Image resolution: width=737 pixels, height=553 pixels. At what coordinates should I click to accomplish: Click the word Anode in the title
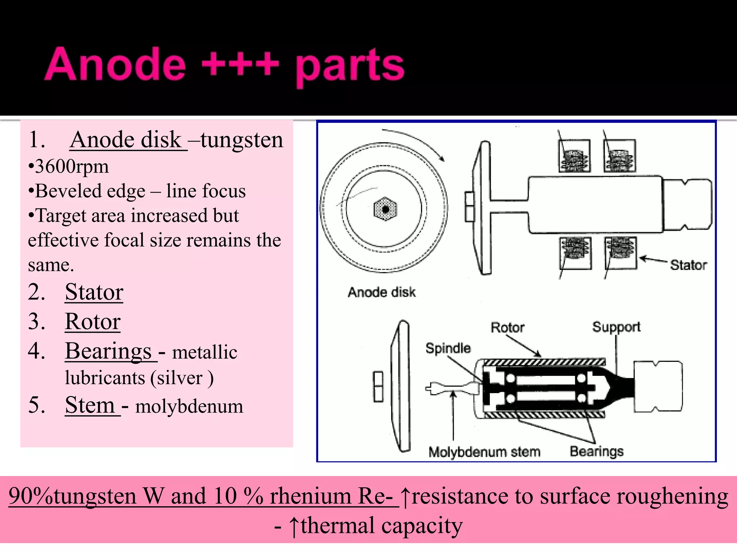point(115,65)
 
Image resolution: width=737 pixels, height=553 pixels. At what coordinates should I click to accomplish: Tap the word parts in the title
point(350,67)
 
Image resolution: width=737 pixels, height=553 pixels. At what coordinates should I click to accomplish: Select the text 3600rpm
point(72,167)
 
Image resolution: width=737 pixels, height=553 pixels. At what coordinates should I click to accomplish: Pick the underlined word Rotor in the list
point(92,321)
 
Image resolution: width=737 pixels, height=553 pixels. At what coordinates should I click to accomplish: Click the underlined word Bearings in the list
point(108,351)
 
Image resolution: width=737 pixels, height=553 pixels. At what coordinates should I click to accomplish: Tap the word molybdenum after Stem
point(189,406)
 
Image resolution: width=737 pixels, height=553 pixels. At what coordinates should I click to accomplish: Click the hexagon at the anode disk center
point(385,209)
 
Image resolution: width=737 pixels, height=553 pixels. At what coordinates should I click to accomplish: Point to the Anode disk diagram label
point(381,292)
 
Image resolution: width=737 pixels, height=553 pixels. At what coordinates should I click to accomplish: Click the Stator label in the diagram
point(688,265)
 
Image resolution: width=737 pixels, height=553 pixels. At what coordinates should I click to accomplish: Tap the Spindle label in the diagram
point(448,348)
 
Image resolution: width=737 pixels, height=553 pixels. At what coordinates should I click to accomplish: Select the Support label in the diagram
point(616,327)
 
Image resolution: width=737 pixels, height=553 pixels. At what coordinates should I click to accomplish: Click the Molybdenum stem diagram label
point(484,452)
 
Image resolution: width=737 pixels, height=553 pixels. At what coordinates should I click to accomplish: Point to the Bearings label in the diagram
point(596,451)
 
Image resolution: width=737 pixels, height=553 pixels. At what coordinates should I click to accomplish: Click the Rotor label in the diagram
point(507,328)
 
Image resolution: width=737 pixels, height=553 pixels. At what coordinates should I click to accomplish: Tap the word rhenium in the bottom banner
point(310,496)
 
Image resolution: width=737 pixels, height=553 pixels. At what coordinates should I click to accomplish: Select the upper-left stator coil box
point(574,156)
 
